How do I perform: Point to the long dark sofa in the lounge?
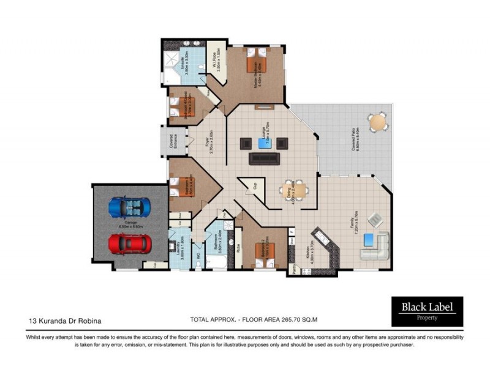pos(264,159)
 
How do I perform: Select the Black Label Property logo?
pos(428,311)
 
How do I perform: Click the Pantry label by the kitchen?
pos(295,268)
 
